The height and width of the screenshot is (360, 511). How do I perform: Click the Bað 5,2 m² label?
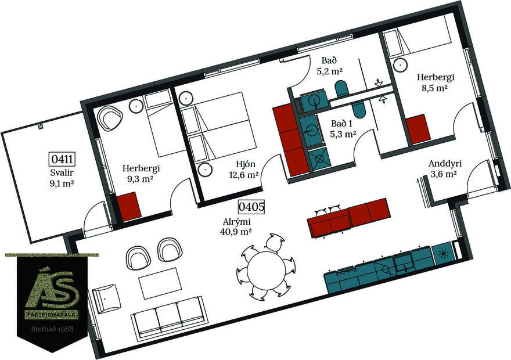[329, 66]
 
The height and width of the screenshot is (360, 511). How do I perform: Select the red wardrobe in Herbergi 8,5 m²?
[418, 129]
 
